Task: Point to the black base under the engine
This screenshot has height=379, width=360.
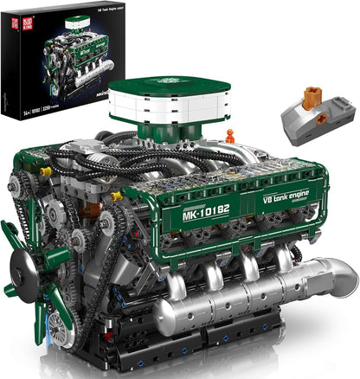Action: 173,350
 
